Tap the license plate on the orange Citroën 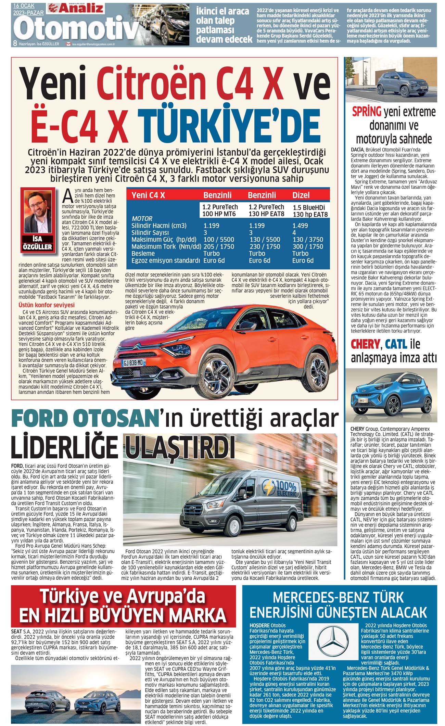click(133, 362)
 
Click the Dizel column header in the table click(301, 195)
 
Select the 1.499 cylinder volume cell click(300, 226)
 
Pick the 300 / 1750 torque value click(308, 246)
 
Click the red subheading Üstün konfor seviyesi click(46, 305)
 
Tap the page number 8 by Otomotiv click(15, 44)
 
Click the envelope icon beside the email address click(69, 44)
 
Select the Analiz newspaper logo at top click(76, 8)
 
